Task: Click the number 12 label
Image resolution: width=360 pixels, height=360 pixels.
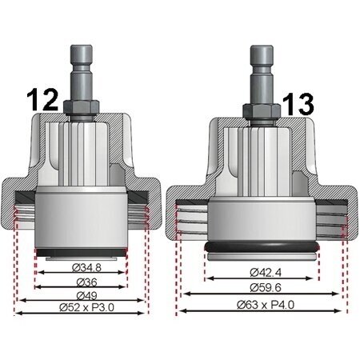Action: click(x=42, y=100)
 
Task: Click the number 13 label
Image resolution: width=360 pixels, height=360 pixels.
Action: click(x=298, y=104)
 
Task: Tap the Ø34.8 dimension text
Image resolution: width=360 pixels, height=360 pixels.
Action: click(x=86, y=267)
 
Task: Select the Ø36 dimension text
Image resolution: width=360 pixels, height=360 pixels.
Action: click(x=86, y=282)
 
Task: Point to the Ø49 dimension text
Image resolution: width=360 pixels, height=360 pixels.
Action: click(x=86, y=295)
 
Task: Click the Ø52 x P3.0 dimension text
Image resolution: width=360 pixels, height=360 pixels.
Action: click(x=86, y=307)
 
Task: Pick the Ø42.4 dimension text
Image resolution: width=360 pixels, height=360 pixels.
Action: click(x=266, y=273)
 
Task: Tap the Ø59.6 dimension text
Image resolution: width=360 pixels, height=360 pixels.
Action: click(x=266, y=287)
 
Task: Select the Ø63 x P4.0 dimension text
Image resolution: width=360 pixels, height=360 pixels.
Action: click(x=266, y=305)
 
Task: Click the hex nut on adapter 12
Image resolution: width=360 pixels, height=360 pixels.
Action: click(x=82, y=106)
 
